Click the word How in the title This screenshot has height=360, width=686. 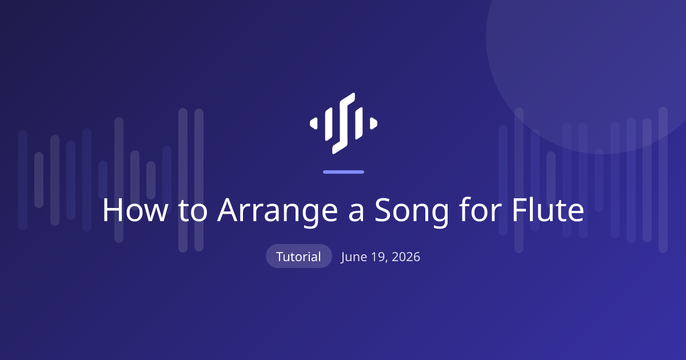(x=135, y=210)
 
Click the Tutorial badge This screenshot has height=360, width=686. (x=298, y=256)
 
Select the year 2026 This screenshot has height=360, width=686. (x=406, y=257)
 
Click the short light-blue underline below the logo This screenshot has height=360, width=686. (x=344, y=172)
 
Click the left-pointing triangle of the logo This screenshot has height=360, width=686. (x=314, y=123)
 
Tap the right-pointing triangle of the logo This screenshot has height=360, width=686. (x=373, y=123)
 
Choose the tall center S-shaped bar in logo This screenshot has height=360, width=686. (x=344, y=123)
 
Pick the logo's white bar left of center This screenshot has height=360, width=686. (x=329, y=124)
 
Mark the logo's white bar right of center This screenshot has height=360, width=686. (x=358, y=123)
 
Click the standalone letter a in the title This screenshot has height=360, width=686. (x=356, y=213)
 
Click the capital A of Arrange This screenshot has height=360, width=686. (x=228, y=210)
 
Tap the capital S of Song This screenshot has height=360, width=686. (x=384, y=210)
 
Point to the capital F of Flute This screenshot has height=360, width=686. (x=520, y=210)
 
